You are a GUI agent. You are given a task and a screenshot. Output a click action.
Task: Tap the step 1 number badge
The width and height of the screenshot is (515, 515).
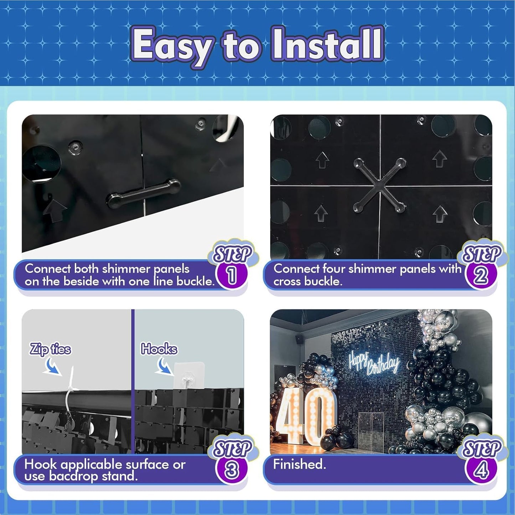pos(232,275)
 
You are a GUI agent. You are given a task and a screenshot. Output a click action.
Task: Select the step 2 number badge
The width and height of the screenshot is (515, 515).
pos(481,275)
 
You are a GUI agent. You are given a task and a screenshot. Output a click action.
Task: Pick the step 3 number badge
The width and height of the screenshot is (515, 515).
pos(232,470)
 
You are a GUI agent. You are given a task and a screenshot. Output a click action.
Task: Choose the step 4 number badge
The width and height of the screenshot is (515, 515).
pos(481,470)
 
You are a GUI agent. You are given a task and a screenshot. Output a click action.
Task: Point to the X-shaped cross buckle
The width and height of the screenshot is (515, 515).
pos(380,185)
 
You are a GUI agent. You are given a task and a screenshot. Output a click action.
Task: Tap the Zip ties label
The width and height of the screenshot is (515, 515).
pos(50,349)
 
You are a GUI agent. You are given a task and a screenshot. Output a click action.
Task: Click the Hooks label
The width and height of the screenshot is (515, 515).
pos(159,349)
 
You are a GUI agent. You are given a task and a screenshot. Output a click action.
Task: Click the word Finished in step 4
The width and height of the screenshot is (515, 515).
pos(299,464)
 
